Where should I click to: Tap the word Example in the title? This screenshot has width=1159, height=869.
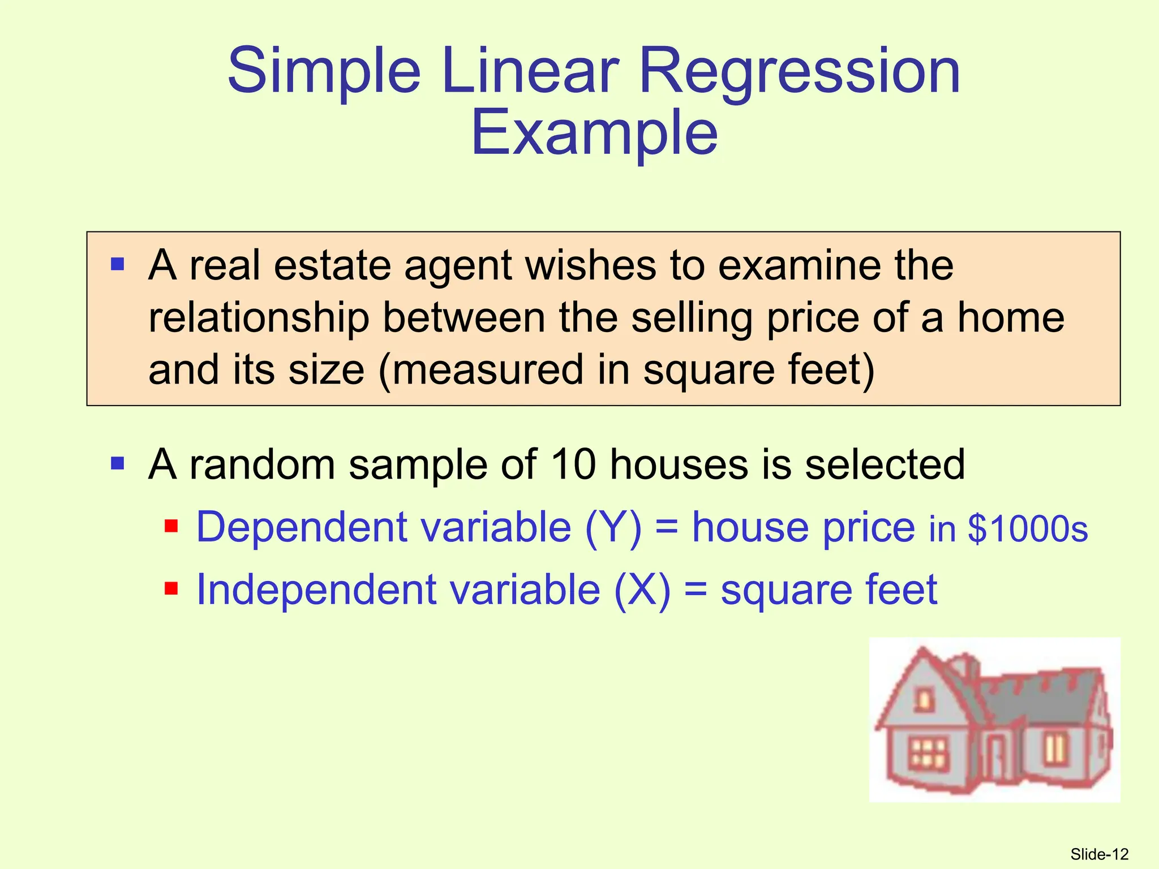594,134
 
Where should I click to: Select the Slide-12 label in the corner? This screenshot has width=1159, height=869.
1099,854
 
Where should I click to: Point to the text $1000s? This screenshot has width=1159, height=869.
1028,529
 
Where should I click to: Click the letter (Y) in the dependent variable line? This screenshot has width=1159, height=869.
613,527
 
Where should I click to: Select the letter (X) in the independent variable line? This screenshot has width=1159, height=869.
642,590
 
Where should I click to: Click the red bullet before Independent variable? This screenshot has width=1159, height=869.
171,590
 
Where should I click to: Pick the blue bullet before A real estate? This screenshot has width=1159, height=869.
118,264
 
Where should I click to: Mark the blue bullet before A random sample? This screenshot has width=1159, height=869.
118,464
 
